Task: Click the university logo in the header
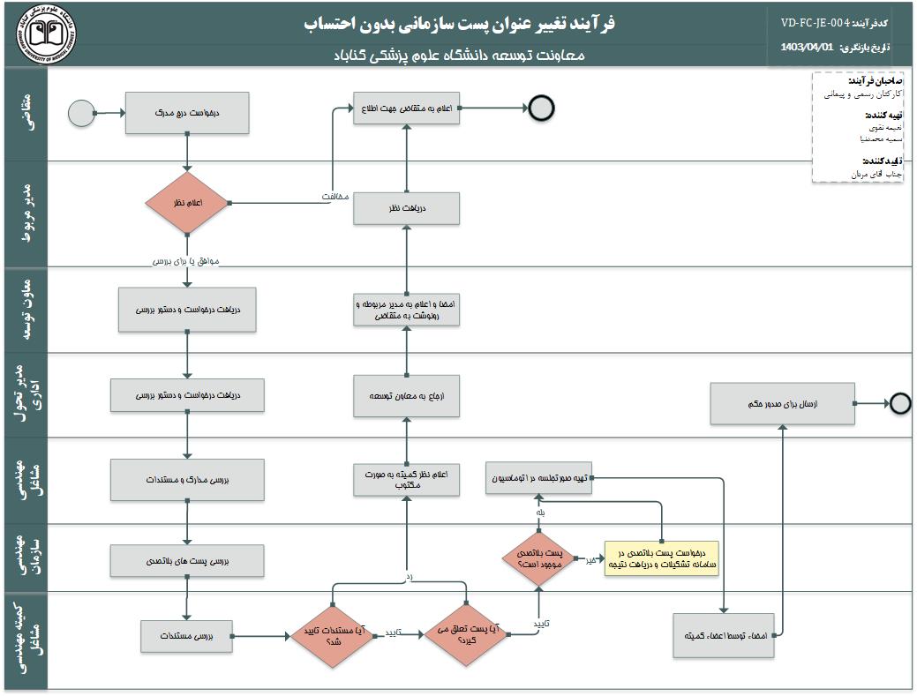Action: point(47,34)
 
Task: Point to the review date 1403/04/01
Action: point(808,48)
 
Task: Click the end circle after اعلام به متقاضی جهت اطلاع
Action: point(541,109)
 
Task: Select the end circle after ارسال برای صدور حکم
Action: point(899,403)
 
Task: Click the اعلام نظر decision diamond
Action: point(187,203)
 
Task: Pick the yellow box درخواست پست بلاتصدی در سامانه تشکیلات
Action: point(661,558)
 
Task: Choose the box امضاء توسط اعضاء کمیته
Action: point(725,635)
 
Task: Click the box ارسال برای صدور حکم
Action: point(783,403)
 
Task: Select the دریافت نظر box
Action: point(406,209)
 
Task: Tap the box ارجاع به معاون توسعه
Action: point(406,397)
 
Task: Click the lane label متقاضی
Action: point(26,112)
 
